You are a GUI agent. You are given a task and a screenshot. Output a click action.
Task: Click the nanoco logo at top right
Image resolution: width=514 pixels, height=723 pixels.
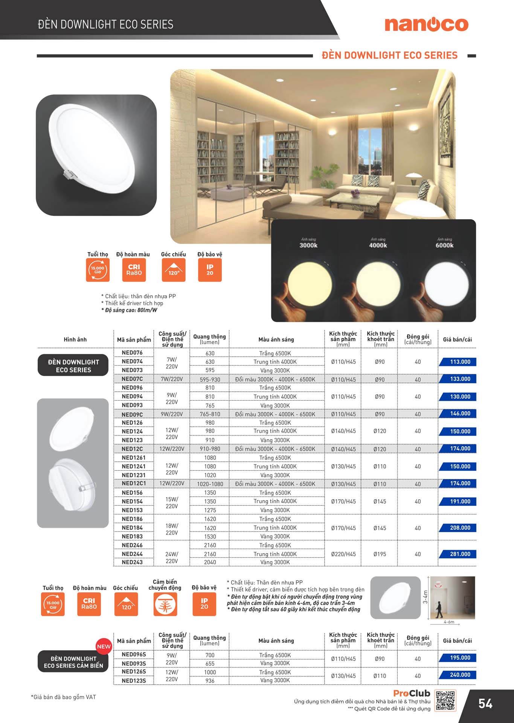pyautogui.click(x=426, y=24)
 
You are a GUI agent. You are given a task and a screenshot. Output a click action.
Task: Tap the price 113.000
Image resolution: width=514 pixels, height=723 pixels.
pyautogui.click(x=460, y=362)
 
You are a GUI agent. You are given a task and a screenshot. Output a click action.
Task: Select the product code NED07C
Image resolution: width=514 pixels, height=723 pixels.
pyautogui.click(x=132, y=379)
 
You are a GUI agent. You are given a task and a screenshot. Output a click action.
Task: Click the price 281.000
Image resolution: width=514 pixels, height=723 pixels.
pyautogui.click(x=460, y=554)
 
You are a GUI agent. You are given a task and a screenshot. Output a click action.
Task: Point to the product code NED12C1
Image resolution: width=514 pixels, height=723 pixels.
pyautogui.click(x=134, y=483)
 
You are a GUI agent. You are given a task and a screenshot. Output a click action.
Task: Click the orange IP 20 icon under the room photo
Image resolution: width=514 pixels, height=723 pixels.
pyautogui.click(x=210, y=270)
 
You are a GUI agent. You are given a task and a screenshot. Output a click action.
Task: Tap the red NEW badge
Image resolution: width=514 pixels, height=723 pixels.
pyautogui.click(x=104, y=647)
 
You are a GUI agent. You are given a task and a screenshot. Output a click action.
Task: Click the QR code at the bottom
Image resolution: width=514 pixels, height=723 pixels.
pyautogui.click(x=445, y=701)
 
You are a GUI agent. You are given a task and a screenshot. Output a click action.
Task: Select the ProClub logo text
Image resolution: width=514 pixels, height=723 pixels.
pyautogui.click(x=412, y=693)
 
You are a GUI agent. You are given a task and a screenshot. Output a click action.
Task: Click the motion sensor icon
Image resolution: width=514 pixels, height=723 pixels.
pyautogui.click(x=165, y=604)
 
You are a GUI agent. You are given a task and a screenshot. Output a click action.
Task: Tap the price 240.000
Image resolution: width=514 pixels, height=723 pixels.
pyautogui.click(x=460, y=675)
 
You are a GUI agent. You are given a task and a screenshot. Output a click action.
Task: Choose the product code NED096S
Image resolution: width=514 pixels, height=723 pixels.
pyautogui.click(x=134, y=654)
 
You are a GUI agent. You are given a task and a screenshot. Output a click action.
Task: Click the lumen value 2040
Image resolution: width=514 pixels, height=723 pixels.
pyautogui.click(x=210, y=562)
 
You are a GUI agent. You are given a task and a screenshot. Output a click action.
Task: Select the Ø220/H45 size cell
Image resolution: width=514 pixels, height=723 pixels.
pyautogui.click(x=343, y=554)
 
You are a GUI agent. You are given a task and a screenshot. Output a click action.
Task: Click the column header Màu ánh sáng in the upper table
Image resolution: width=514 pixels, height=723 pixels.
pyautogui.click(x=276, y=339)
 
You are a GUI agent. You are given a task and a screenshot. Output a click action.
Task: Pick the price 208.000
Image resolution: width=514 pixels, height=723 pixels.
pyautogui.click(x=460, y=528)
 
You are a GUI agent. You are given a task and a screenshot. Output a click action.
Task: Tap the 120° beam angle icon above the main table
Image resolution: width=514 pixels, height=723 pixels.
pyautogui.click(x=174, y=270)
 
